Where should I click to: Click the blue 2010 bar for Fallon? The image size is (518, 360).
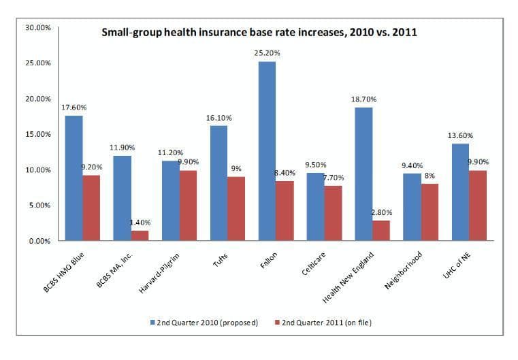point(267,150)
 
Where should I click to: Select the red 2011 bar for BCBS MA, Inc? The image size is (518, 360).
point(140,235)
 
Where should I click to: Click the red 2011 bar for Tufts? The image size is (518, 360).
point(236,208)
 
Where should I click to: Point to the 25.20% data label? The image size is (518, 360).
point(267,52)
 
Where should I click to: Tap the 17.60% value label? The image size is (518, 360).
point(74,107)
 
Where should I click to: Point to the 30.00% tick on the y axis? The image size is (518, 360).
point(37,28)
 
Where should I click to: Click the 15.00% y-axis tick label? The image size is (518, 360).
point(37,134)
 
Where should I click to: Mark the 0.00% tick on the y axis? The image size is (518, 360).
point(38,241)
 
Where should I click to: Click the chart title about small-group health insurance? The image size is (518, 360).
point(259,31)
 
